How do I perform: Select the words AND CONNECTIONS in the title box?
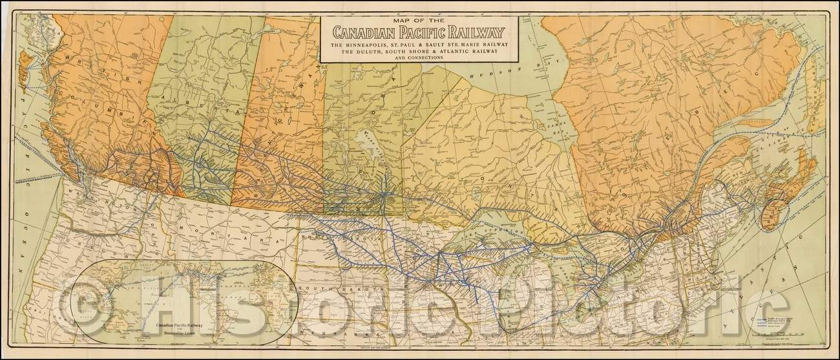click(x=419, y=58)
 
